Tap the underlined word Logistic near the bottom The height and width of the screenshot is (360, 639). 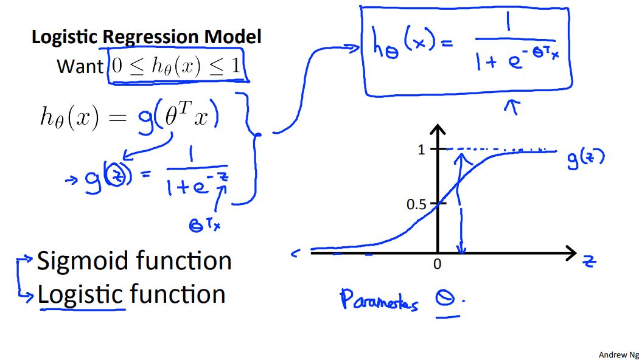(x=81, y=295)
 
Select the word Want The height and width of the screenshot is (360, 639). (x=80, y=66)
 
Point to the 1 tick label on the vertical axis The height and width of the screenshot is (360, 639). (x=421, y=150)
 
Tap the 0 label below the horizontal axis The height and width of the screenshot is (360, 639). (x=437, y=265)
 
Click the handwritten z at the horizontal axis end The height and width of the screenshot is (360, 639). (x=589, y=261)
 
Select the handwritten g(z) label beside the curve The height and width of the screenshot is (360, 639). (x=585, y=159)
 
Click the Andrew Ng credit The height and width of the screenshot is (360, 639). (x=618, y=355)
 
